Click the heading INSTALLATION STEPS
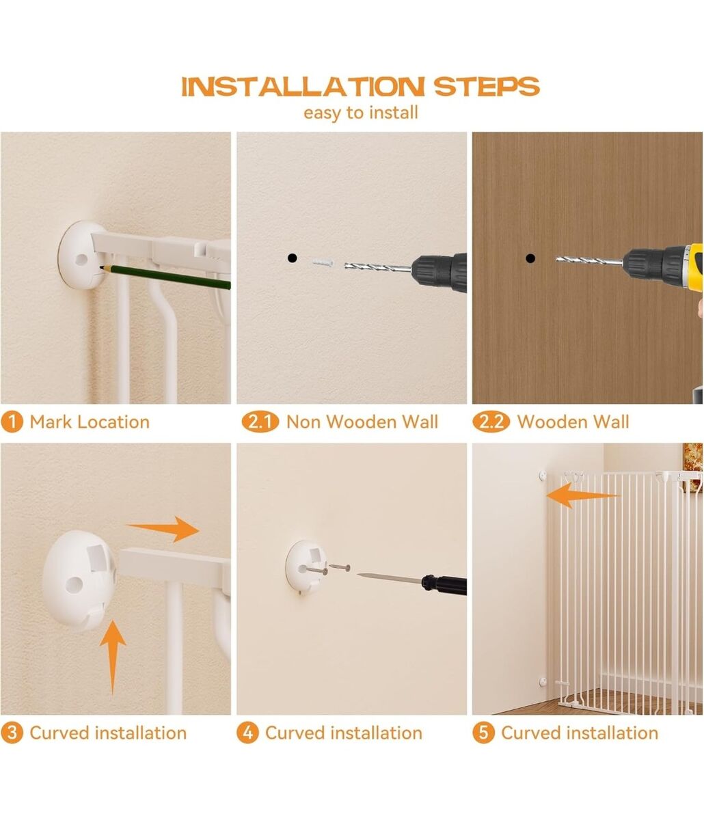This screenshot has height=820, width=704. click(360, 87)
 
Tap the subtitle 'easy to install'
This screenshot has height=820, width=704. click(361, 113)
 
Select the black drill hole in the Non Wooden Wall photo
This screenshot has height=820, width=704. click(292, 258)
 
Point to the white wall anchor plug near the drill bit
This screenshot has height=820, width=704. click(323, 262)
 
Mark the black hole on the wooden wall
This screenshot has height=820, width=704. click(530, 258)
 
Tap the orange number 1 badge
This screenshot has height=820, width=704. click(12, 422)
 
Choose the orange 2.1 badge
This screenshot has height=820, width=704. click(260, 422)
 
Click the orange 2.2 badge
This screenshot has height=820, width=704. click(491, 422)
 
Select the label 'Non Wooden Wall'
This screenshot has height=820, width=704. click(362, 422)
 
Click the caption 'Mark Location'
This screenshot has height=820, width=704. click(90, 422)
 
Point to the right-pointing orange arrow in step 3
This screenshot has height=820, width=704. click(163, 529)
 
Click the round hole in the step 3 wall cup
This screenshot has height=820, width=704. click(74, 585)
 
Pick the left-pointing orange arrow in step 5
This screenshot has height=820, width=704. click(583, 495)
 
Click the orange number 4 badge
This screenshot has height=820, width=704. click(247, 733)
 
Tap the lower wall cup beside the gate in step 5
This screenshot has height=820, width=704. click(543, 682)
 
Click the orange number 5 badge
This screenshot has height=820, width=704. click(483, 733)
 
